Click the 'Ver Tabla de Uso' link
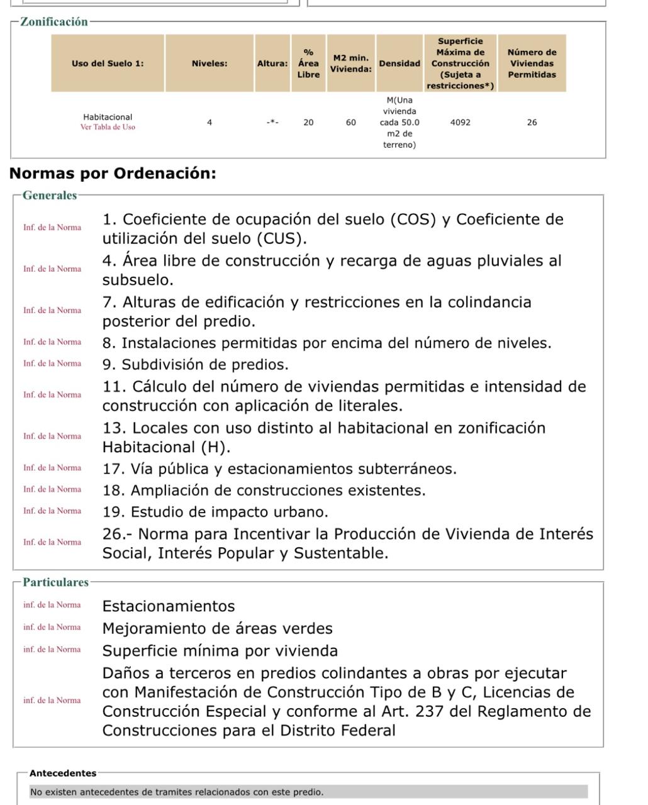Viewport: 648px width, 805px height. pos(108,127)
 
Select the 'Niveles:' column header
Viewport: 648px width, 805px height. pos(209,64)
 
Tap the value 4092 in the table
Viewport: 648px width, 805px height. pos(460,123)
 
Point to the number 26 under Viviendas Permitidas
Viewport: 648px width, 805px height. pos(532,123)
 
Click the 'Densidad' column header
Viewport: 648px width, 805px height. pos(399,64)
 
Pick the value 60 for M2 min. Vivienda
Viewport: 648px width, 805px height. pos(351,123)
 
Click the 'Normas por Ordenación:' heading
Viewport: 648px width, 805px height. pos(113,174)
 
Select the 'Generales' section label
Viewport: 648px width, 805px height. pos(50,196)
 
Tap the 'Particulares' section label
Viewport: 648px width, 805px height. pos(56,582)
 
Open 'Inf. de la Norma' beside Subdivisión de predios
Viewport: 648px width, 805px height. pos(52,364)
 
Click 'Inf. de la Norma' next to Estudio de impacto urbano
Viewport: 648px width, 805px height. pos(52,511)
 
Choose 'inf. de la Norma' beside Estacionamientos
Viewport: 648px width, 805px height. pos(52,605)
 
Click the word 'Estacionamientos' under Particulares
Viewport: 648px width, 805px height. pos(169,606)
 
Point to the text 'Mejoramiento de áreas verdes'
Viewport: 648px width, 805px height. pos(218,628)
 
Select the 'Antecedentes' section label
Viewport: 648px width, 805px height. pos(63,774)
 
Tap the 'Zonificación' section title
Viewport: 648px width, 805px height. pos(54,22)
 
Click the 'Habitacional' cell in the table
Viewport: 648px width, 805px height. pos(108,117)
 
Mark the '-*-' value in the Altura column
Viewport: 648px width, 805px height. pos(272,123)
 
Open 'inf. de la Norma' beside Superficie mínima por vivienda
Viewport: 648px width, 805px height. pos(52,650)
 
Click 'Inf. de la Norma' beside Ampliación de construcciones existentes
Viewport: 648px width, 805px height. pos(52,489)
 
